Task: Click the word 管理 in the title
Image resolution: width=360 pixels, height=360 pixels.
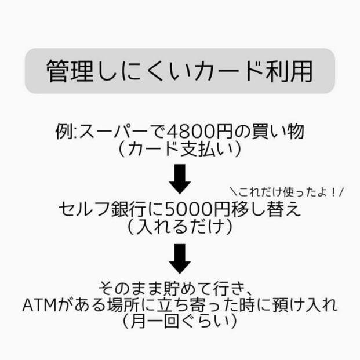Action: (70, 71)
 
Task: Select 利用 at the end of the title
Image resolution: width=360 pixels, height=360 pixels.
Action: (289, 71)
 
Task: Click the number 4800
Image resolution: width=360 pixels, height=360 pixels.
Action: (186, 132)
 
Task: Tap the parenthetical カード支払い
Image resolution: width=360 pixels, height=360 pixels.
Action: (180, 149)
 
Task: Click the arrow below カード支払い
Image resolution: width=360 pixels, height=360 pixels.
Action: (180, 179)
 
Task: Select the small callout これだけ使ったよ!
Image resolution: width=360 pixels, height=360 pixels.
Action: (287, 192)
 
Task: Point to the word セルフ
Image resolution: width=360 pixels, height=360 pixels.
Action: (84, 209)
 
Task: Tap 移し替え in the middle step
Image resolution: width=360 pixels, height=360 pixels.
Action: (266, 209)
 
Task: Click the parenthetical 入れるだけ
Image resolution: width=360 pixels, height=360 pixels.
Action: (180, 227)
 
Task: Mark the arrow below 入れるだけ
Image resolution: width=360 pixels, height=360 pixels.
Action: (180, 259)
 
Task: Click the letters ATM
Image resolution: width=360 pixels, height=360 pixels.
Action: (39, 306)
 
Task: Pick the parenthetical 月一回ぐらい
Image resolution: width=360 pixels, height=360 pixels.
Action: (180, 321)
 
